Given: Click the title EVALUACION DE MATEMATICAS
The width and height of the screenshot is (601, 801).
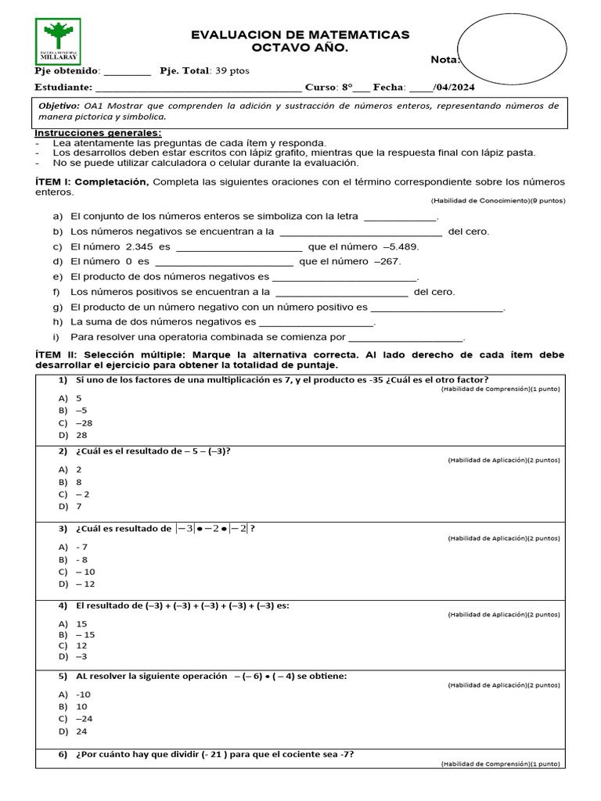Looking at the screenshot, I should tap(300, 35).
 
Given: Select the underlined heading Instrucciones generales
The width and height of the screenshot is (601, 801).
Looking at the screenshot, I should tap(99, 133).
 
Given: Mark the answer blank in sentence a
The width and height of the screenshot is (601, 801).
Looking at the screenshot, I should tap(400, 217).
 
